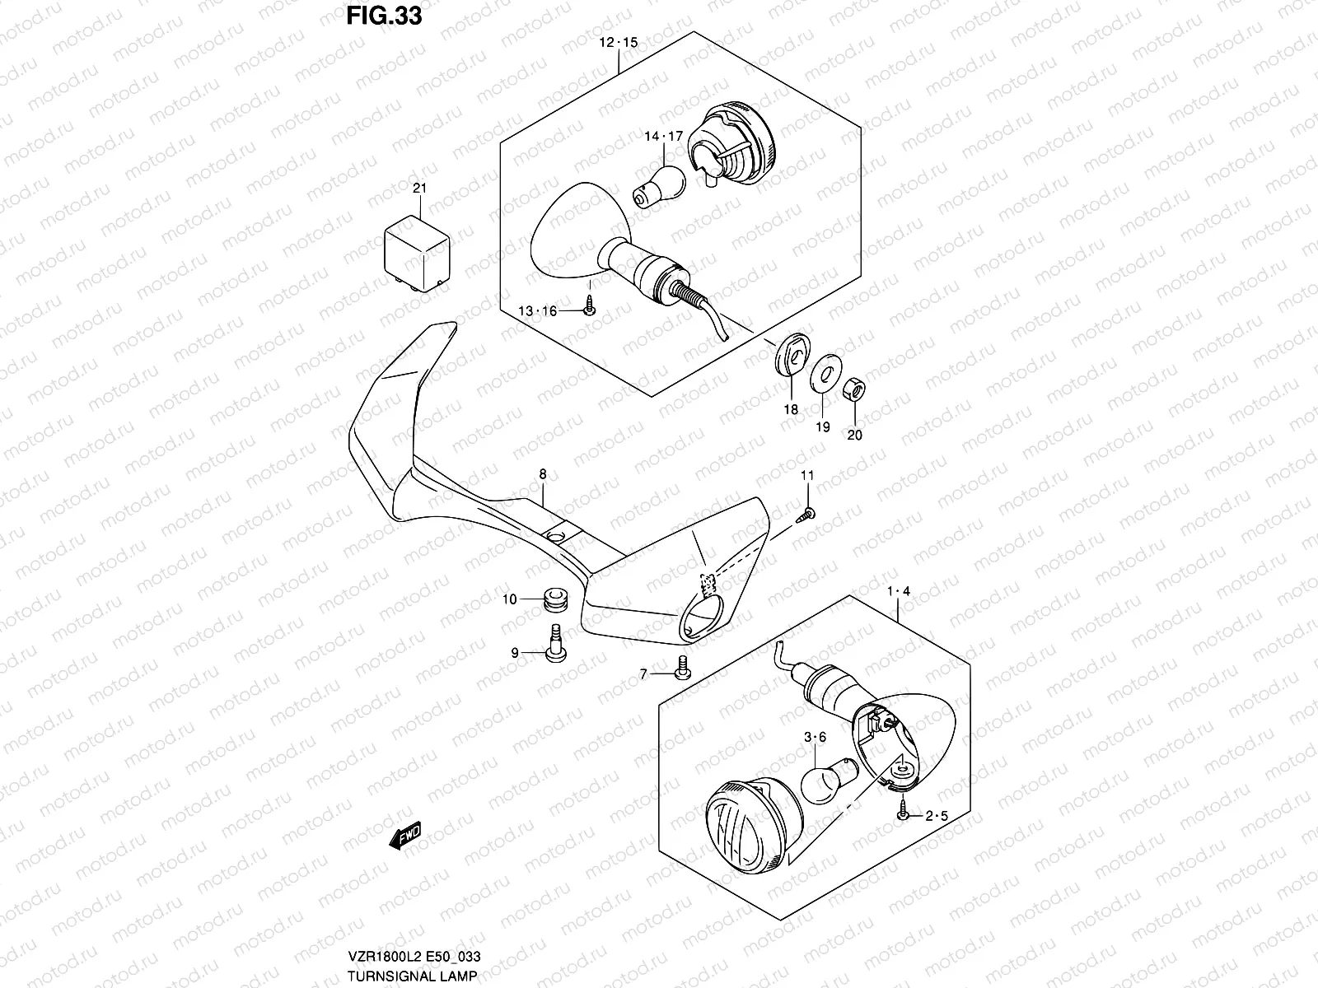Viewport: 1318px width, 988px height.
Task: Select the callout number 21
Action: coord(420,189)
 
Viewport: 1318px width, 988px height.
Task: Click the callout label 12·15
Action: coord(618,42)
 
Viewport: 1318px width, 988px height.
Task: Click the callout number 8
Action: coord(543,474)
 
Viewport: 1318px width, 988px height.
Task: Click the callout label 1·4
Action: coord(898,591)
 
